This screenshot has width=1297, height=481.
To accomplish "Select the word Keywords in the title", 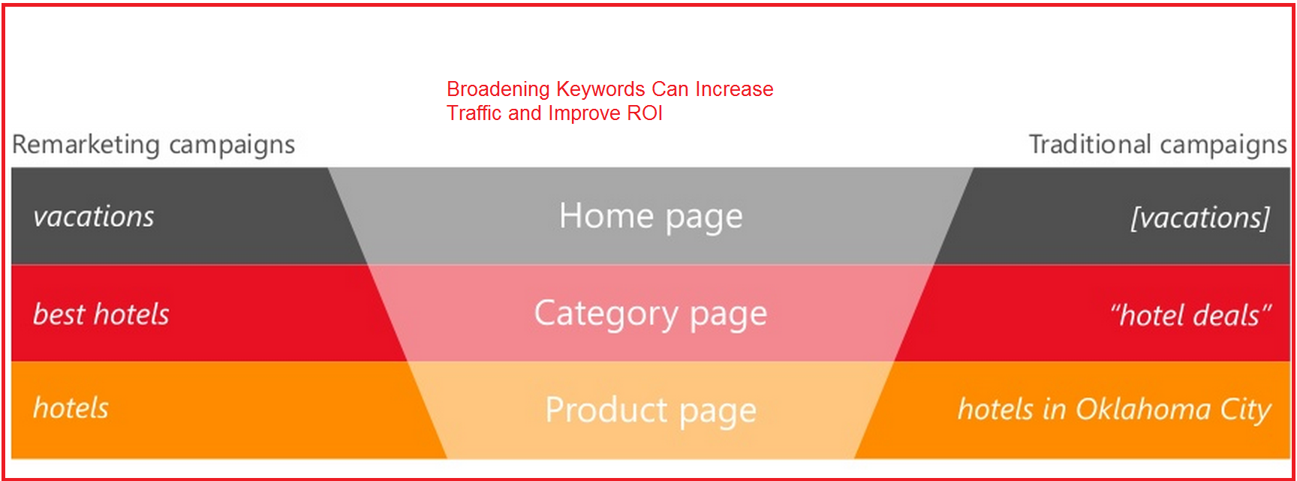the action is point(600,89).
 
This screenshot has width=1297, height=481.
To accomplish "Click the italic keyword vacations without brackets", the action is point(94,217).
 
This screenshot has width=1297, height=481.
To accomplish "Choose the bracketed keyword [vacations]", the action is point(1200,218).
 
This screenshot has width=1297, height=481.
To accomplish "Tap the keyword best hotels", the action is point(101,314).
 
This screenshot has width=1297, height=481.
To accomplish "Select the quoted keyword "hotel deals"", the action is point(1190,315).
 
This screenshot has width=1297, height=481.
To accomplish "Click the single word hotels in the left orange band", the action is point(71,408).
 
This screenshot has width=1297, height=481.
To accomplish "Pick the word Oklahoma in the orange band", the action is point(1143,410).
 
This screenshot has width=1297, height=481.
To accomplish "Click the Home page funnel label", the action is point(651,217).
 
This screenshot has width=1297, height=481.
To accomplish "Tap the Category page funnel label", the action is point(651,314).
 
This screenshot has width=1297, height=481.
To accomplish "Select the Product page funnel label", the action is point(651,411).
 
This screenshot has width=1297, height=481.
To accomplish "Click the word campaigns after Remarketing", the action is point(232,145).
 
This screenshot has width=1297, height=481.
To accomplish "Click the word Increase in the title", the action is point(734,89).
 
